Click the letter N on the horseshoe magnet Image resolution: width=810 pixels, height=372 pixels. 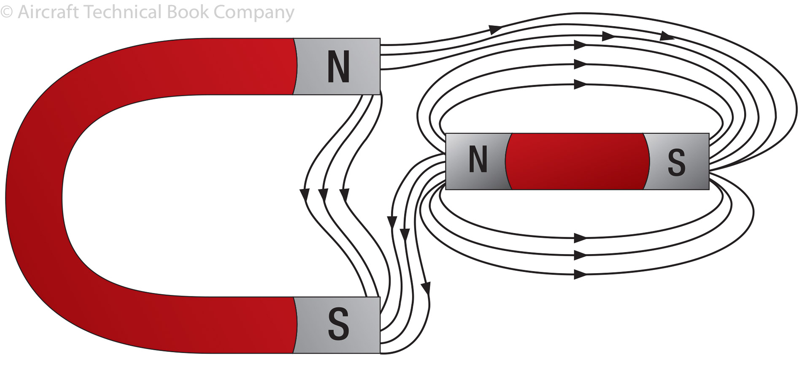[x=338, y=66]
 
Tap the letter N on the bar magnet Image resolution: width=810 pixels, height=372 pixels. [x=478, y=160]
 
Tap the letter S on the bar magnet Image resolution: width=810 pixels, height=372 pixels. [x=676, y=162]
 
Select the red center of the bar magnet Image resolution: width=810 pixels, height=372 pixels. [x=578, y=161]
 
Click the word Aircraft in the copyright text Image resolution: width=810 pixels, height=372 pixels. [x=48, y=12]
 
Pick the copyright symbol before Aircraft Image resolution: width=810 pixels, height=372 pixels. [x=6, y=12]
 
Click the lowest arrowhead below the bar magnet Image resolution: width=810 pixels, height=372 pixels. [x=580, y=274]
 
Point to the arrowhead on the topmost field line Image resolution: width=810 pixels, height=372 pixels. [x=495, y=29]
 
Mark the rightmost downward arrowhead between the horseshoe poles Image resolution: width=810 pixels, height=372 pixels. [x=344, y=195]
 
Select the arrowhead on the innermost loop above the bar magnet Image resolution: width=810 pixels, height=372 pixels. [x=580, y=84]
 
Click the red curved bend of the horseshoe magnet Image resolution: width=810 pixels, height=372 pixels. [x=38, y=194]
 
